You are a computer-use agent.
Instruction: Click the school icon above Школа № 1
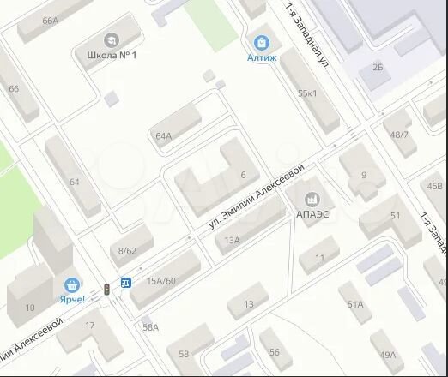[x=112, y=40]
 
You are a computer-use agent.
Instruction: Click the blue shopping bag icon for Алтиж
[x=261, y=40]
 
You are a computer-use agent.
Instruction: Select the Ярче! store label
[x=73, y=299]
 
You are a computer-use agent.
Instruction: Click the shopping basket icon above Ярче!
[x=73, y=284]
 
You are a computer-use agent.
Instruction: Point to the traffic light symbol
[x=106, y=290]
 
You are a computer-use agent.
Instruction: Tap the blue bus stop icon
[x=126, y=282]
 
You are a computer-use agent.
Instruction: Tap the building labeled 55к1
[x=306, y=93]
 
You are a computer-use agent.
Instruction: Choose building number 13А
[x=232, y=241]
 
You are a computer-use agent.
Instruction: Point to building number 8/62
[x=128, y=250]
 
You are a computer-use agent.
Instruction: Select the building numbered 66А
[x=50, y=21]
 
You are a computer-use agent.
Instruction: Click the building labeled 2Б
[x=378, y=65]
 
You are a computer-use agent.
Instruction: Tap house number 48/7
[x=399, y=135]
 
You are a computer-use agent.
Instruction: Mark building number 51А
[x=355, y=304]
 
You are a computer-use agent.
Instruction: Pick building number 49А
[x=387, y=355]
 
